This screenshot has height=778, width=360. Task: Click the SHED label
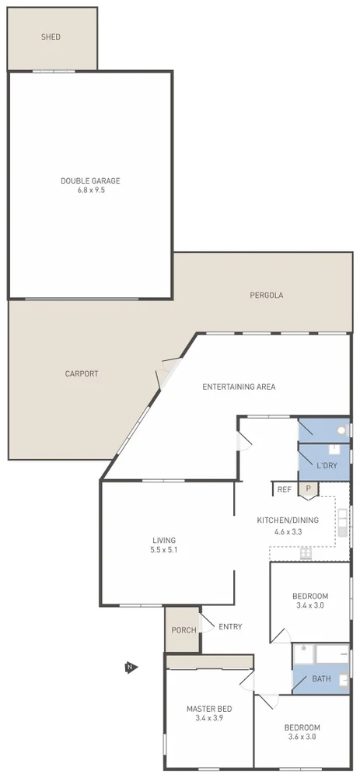point(51,37)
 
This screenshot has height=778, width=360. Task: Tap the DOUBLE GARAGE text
point(90,180)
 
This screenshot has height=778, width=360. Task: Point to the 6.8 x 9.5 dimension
point(90,190)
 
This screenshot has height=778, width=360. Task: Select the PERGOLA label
point(266,295)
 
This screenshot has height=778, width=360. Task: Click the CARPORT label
point(82,373)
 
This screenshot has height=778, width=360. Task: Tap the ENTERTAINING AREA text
point(239,387)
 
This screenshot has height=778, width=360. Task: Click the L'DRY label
point(327,465)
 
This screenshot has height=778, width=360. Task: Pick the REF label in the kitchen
point(284,489)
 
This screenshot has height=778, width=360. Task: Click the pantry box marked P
point(308,489)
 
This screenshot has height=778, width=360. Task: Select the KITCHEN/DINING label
point(287,522)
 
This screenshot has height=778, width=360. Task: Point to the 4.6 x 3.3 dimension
point(287,532)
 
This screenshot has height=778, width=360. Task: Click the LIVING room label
point(164,540)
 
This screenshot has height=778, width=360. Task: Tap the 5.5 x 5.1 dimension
point(164,550)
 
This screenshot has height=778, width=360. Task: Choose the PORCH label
point(183,630)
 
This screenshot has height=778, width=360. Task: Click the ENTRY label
point(230,627)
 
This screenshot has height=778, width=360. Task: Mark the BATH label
point(321,679)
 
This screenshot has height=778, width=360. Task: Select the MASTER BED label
point(208,709)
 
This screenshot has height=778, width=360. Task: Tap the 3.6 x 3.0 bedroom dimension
point(302,738)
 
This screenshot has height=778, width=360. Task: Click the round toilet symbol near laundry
point(341,430)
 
